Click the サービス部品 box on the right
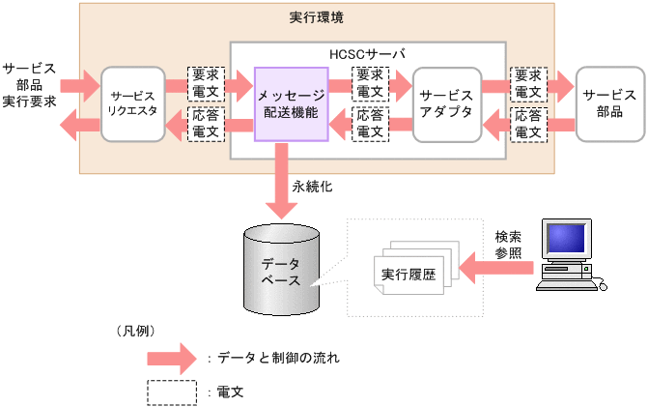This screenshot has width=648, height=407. [609, 102]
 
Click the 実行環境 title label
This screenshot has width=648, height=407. [316, 17]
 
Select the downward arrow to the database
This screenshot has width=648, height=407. [282, 182]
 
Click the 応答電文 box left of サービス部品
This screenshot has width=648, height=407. [528, 124]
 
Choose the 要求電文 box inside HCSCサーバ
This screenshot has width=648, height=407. [369, 85]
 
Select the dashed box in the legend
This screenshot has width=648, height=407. [173, 392]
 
